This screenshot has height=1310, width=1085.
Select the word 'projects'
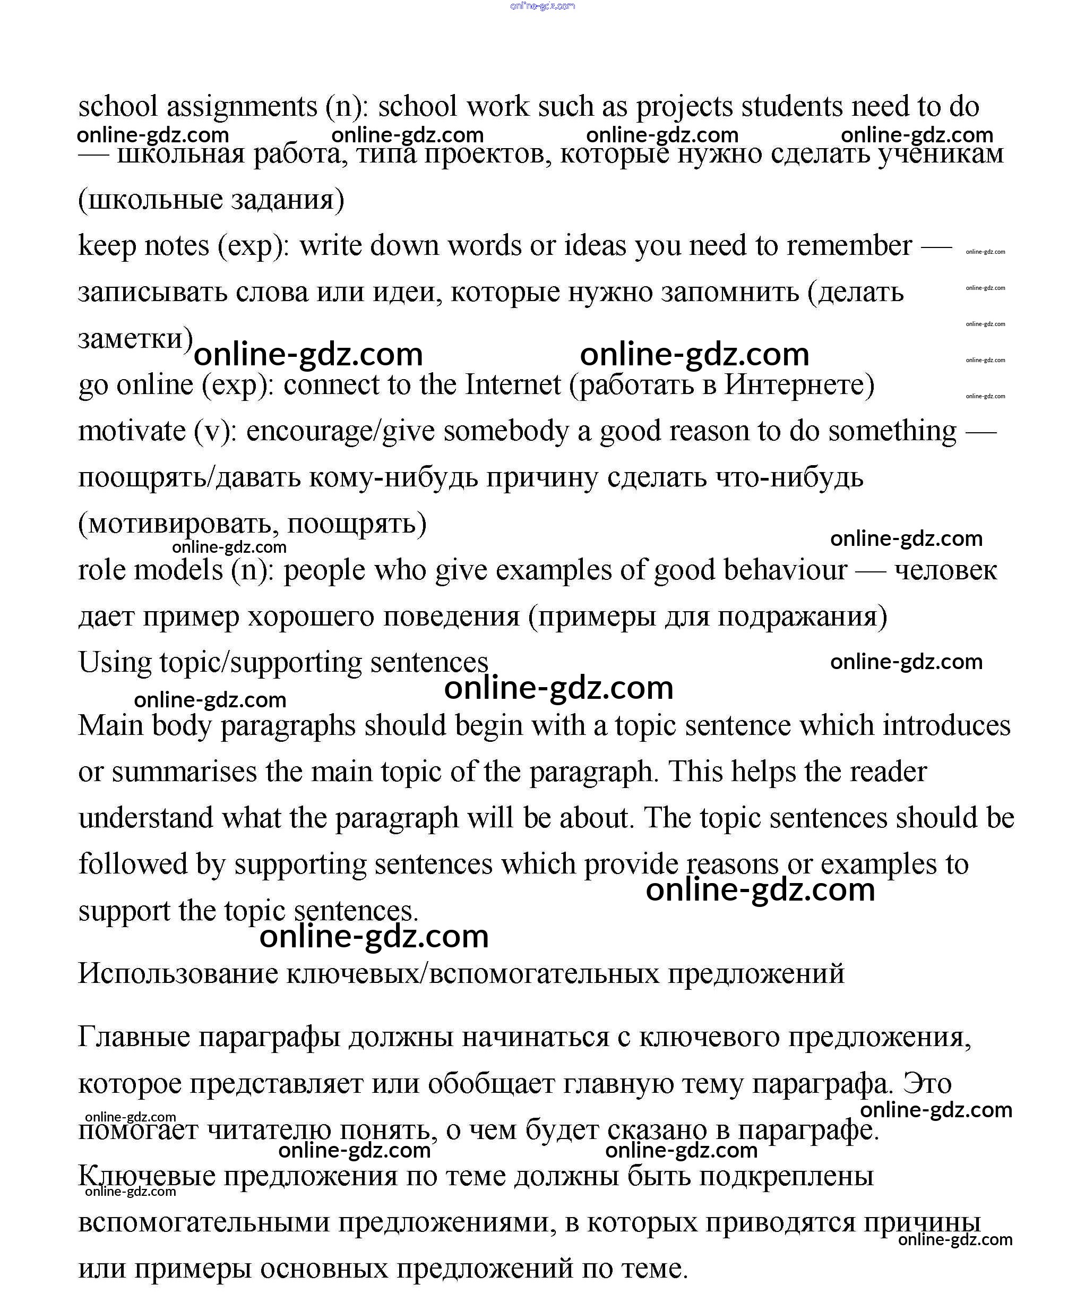click(x=684, y=107)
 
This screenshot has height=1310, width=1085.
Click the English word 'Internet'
click(x=513, y=385)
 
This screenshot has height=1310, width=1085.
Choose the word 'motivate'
click(x=132, y=431)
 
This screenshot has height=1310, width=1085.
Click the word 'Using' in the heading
click(x=114, y=663)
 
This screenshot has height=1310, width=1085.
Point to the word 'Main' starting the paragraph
click(x=110, y=726)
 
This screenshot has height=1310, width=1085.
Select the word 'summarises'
click(x=184, y=772)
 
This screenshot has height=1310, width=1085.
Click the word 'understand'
click(x=145, y=818)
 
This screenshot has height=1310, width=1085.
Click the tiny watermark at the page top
click(x=542, y=6)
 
